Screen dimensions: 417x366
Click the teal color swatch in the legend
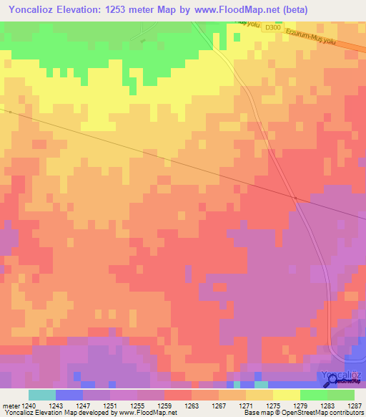tap(42, 395)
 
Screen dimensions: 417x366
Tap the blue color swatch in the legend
tap(69, 395)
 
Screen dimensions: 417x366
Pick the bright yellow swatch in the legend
tap(286, 395)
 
